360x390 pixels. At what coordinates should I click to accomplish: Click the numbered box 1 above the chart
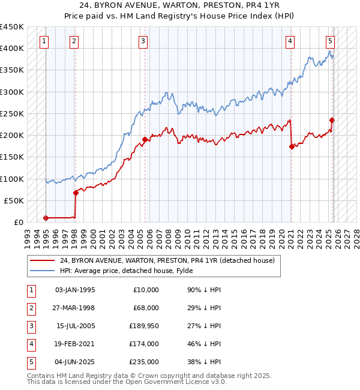point(45,41)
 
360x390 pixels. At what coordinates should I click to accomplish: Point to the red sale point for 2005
point(145,139)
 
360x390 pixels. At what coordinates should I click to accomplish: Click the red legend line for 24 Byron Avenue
point(42,260)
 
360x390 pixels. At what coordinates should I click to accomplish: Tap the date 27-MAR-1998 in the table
point(75,308)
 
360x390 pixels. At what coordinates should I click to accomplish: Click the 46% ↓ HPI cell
point(204,344)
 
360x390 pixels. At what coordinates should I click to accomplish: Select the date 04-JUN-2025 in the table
point(75,362)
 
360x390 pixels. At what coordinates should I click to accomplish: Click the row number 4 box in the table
point(31,344)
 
